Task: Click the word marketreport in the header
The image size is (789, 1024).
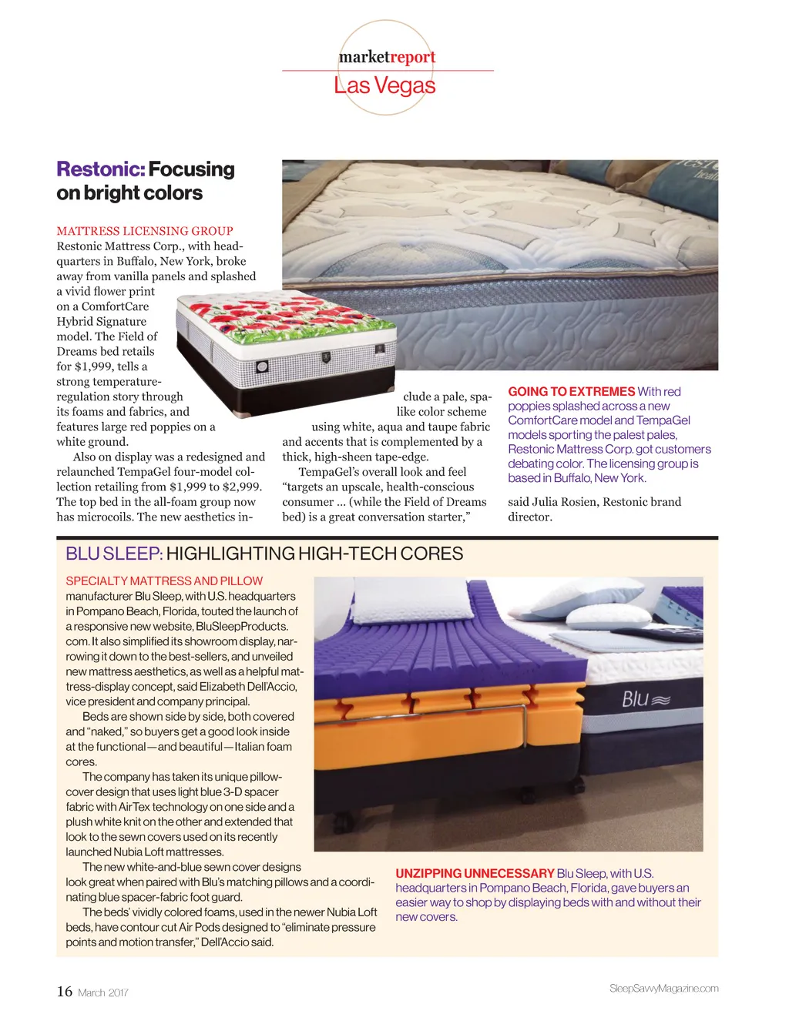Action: [x=387, y=56]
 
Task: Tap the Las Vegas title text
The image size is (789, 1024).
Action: [x=384, y=85]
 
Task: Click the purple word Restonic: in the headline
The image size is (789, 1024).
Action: [x=100, y=169]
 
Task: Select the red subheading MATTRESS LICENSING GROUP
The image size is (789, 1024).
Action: [x=145, y=231]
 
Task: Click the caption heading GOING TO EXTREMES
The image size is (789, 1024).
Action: [x=571, y=392]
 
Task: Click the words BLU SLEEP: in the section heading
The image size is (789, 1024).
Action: [x=114, y=554]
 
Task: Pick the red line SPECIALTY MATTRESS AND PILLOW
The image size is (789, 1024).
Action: [x=164, y=581]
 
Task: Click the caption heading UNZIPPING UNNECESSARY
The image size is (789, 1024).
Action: [x=475, y=874]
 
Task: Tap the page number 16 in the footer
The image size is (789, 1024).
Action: [x=65, y=992]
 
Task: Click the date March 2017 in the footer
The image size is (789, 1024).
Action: [x=103, y=993]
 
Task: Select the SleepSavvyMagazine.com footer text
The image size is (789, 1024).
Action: [x=663, y=989]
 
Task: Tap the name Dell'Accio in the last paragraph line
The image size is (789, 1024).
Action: [x=227, y=942]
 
